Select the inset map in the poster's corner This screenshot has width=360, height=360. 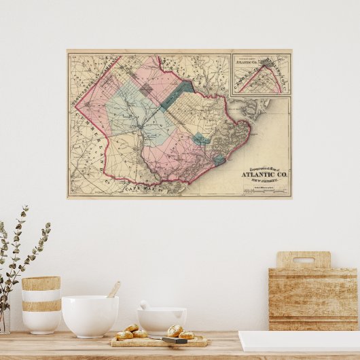[261, 73]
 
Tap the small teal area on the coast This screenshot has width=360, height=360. [219, 160]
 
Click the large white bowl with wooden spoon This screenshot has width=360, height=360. [90, 316]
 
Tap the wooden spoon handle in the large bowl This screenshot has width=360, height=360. [114, 289]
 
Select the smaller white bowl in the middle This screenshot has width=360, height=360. [162, 320]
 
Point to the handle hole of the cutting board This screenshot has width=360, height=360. [304, 260]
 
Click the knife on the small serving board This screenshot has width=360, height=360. [175, 340]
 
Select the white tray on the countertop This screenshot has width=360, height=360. [299, 341]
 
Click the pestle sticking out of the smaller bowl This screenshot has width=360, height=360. [145, 305]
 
